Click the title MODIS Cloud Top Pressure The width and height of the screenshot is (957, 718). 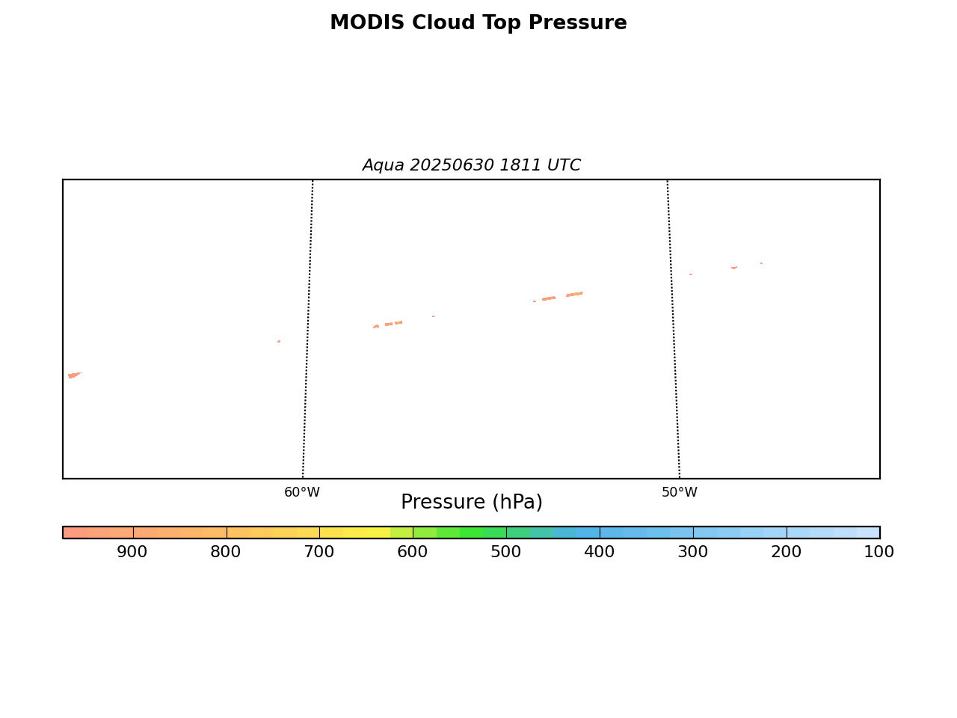[478, 22]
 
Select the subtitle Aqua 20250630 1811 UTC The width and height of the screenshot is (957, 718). [471, 165]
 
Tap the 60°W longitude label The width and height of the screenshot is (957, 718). [302, 492]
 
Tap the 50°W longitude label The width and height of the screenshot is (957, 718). [680, 492]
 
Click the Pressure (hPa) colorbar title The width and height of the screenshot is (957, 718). [471, 502]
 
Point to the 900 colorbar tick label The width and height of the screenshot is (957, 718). [132, 552]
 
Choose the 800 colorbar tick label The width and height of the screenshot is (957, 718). [225, 552]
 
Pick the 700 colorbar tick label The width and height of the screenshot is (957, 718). [319, 552]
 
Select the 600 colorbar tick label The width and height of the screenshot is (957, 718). [413, 552]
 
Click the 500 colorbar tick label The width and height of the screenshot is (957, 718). [505, 552]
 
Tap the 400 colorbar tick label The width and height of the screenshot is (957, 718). [600, 552]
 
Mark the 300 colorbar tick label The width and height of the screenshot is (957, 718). [693, 552]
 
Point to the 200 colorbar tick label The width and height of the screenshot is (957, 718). [786, 552]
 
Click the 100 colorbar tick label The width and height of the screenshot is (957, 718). [879, 552]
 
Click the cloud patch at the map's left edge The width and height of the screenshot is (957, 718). [74, 375]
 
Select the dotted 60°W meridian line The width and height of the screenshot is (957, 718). [308, 329]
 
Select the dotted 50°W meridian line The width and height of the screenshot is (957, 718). [674, 329]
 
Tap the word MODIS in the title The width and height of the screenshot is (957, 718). [368, 22]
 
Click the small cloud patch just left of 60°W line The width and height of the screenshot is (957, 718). [279, 341]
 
